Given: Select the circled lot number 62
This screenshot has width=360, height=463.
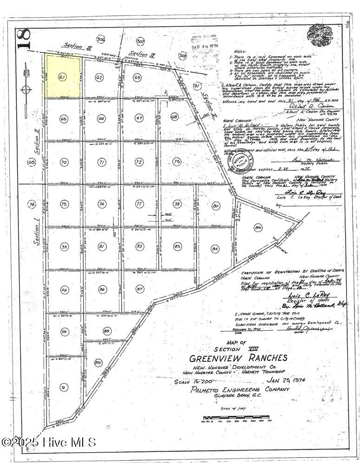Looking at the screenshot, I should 98,78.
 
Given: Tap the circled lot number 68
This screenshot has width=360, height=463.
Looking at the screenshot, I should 174,117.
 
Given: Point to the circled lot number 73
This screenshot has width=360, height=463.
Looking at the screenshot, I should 176,162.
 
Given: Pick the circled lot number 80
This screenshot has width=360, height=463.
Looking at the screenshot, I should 215,205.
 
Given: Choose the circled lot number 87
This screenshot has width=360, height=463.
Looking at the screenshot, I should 138,289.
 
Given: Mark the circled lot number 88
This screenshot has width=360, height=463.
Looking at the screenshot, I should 107,331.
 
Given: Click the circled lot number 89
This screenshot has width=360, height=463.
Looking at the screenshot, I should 98,362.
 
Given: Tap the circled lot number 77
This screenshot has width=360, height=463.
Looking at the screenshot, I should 138,204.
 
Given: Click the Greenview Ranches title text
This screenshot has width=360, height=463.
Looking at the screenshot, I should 238,358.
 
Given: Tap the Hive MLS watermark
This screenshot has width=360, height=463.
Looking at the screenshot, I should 48,442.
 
